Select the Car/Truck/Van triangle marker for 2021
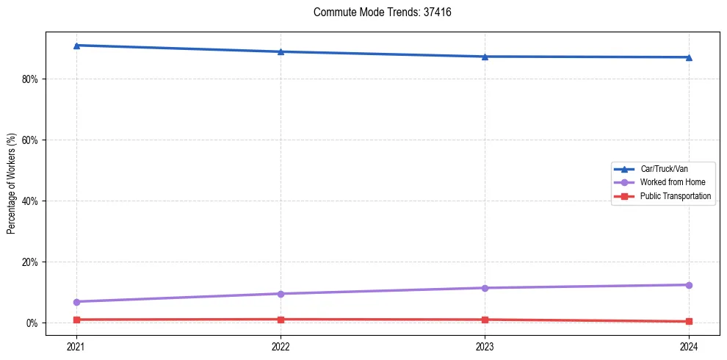(76, 46)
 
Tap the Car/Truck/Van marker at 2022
(281, 51)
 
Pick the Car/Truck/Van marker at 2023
(485, 57)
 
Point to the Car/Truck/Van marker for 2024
(689, 57)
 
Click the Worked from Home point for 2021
(76, 302)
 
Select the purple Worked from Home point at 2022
(281, 294)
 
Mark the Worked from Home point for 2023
(485, 288)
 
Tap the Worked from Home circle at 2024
(689, 285)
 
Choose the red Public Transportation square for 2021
(76, 320)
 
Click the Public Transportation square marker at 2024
(689, 321)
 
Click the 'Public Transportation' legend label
(675, 196)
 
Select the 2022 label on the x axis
(281, 345)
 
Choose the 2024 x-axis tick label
(689, 345)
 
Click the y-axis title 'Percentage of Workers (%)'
(12, 184)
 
